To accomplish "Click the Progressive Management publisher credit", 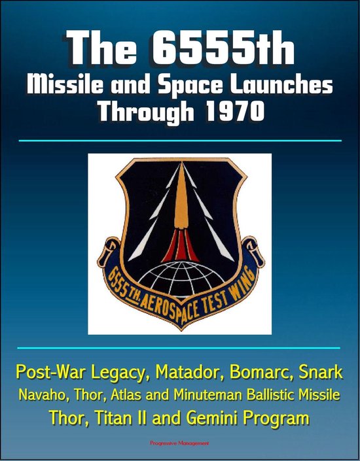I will (x=180, y=447).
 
